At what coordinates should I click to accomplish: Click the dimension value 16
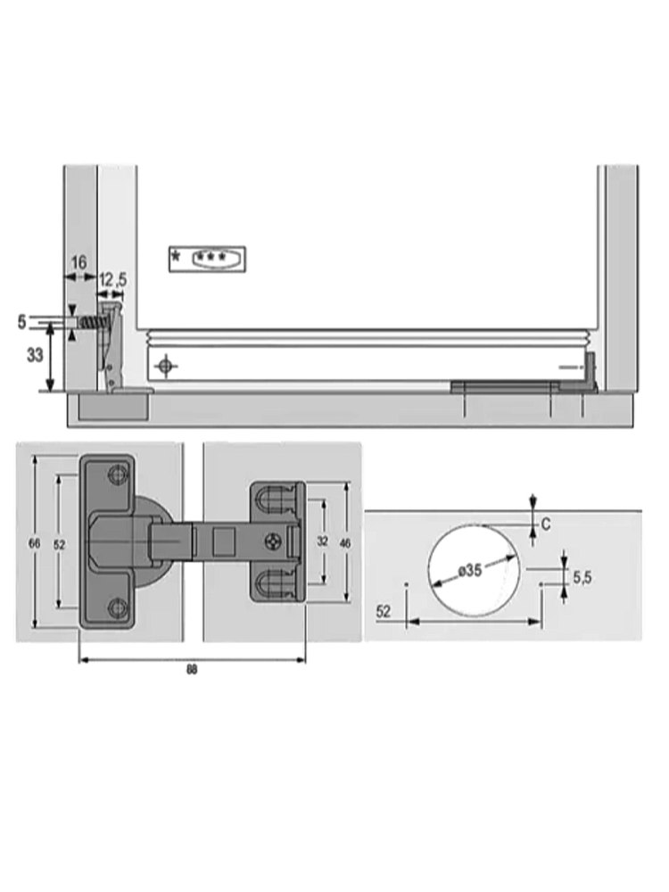pyautogui.click(x=78, y=263)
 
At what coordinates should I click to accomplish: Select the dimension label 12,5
pyautogui.click(x=112, y=280)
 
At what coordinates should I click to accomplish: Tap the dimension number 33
pyautogui.click(x=35, y=355)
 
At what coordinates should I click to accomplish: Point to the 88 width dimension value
pyautogui.click(x=192, y=670)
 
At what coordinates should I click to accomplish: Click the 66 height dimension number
pyautogui.click(x=35, y=543)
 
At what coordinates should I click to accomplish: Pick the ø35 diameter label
pyautogui.click(x=470, y=570)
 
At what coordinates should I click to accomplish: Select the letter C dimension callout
pyautogui.click(x=546, y=524)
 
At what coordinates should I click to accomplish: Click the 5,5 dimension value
pyautogui.click(x=582, y=578)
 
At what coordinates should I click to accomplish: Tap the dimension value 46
pyautogui.click(x=344, y=543)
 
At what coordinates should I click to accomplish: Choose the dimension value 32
pyautogui.click(x=323, y=541)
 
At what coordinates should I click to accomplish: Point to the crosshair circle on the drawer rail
pyautogui.click(x=166, y=366)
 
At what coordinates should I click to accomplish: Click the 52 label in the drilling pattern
pyautogui.click(x=384, y=611)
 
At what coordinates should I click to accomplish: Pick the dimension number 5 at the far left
pyautogui.click(x=21, y=322)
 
